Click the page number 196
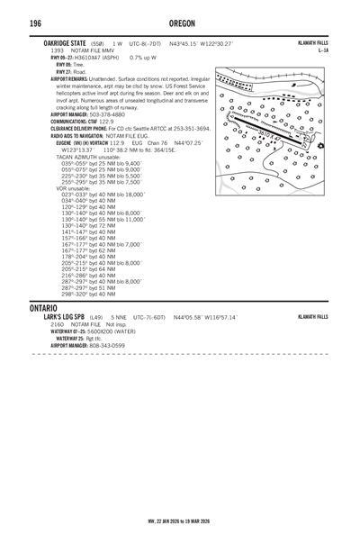pyautogui.click(x=12, y=23)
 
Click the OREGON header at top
pyautogui.click(x=180, y=23)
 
